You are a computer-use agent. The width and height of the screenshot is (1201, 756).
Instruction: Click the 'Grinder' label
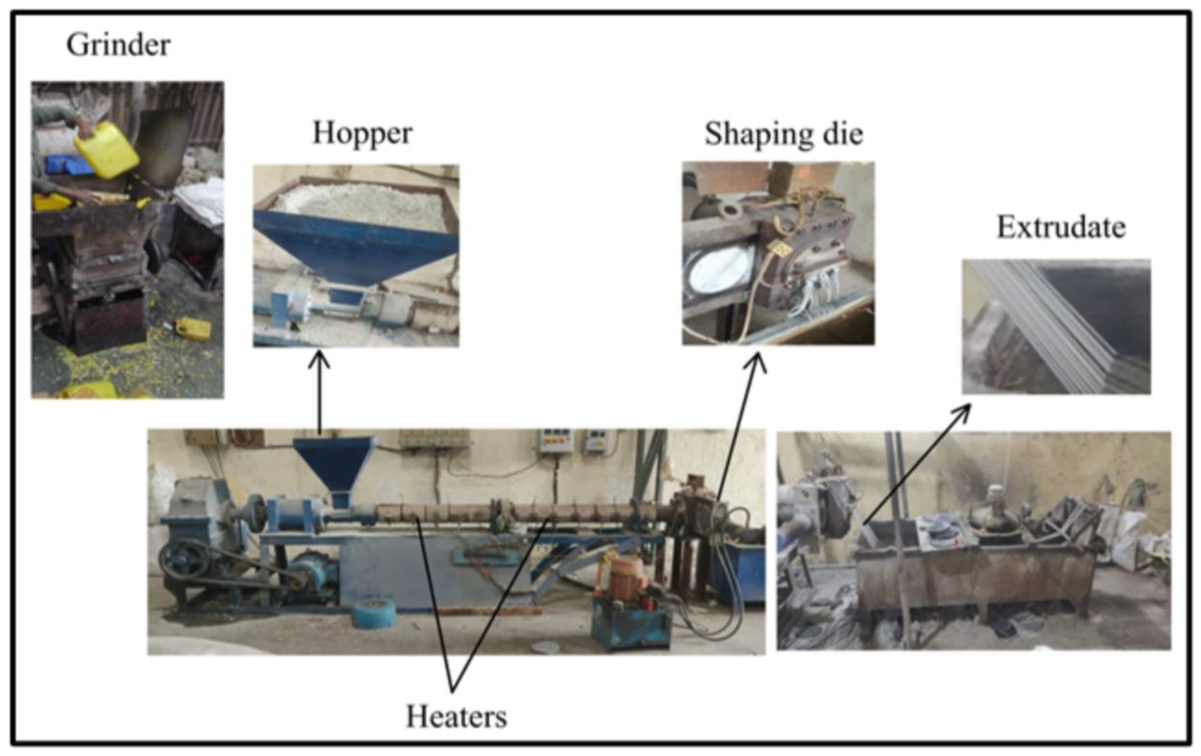[x=118, y=45]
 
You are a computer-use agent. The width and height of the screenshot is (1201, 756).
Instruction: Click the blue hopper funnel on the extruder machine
[x=334, y=466]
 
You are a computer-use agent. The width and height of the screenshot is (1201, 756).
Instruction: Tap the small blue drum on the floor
[x=374, y=613]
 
